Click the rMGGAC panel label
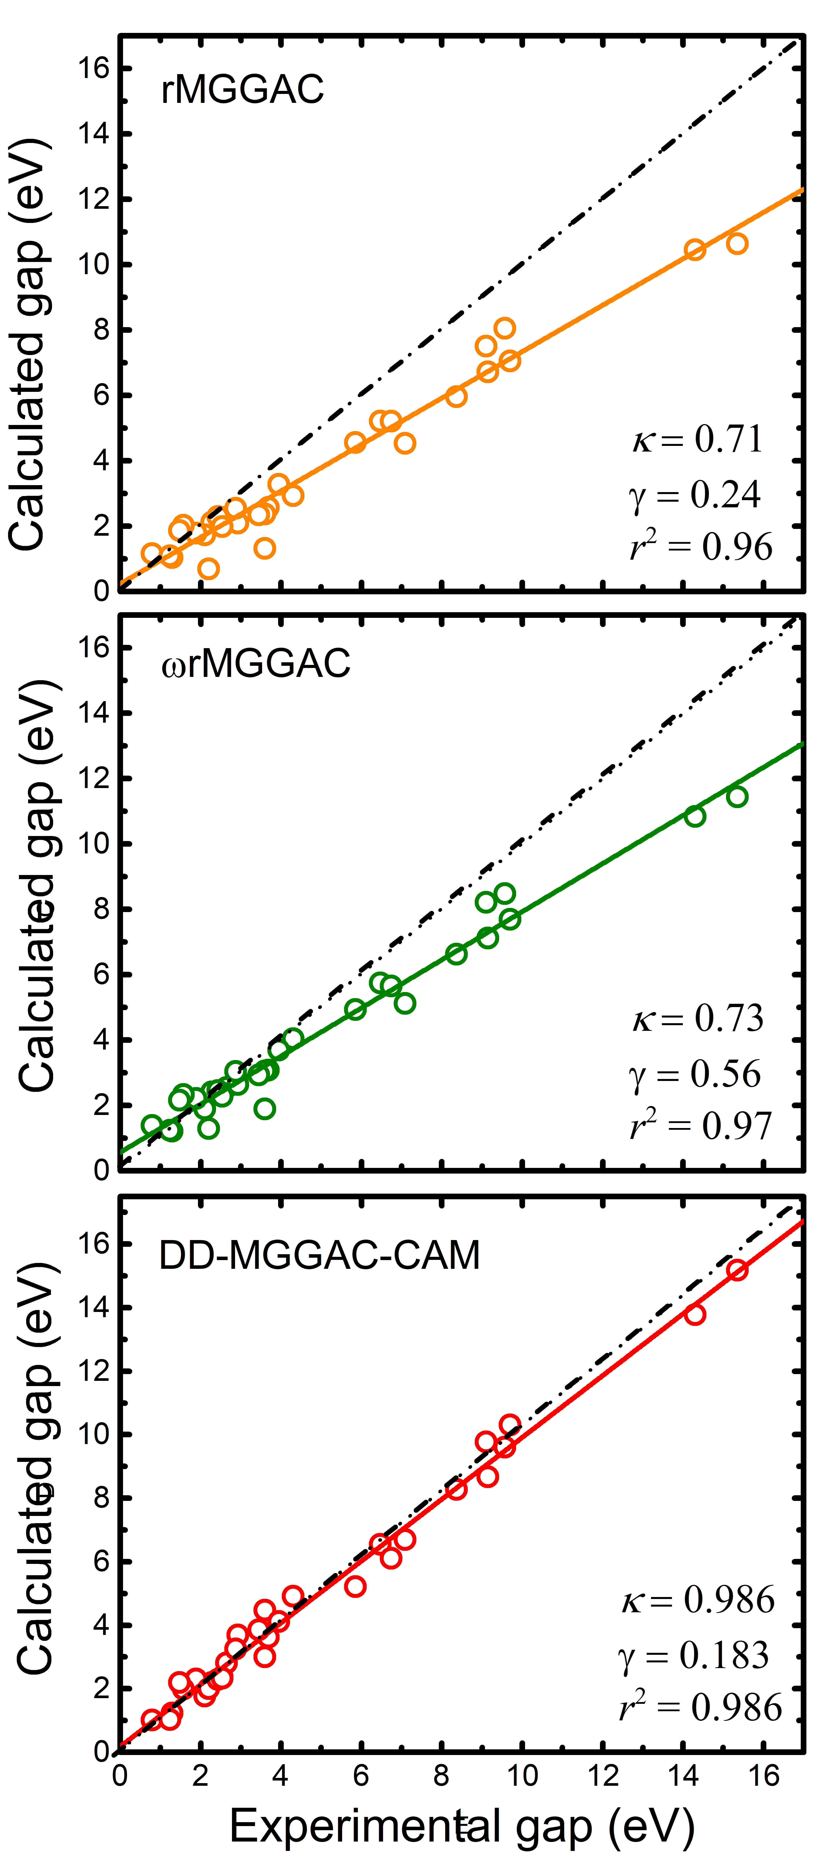coord(242,89)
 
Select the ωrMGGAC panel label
coord(256,663)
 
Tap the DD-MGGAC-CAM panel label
coord(319,1254)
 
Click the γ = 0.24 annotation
coord(695,495)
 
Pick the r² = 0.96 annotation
coord(701,546)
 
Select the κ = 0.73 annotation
coord(698,1018)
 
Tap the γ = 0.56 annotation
coord(695,1074)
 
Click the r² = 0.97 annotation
coord(701,1125)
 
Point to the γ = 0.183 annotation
coord(693,1655)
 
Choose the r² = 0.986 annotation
coord(701,1706)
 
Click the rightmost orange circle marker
coord(737,244)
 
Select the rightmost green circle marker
coord(737,797)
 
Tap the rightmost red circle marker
coord(737,1270)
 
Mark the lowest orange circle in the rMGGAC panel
coord(208,569)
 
